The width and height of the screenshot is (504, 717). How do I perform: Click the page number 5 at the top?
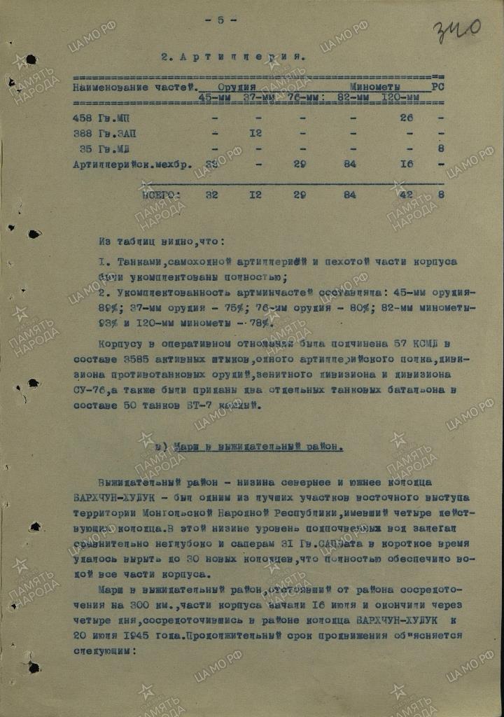tap(220, 20)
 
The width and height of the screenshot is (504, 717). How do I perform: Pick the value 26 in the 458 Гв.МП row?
tap(406, 118)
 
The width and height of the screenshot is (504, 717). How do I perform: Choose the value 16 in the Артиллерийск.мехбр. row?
tap(406, 164)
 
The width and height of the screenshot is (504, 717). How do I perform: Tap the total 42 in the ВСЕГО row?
tap(407, 195)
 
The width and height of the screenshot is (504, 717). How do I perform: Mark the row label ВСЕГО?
tap(161, 195)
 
